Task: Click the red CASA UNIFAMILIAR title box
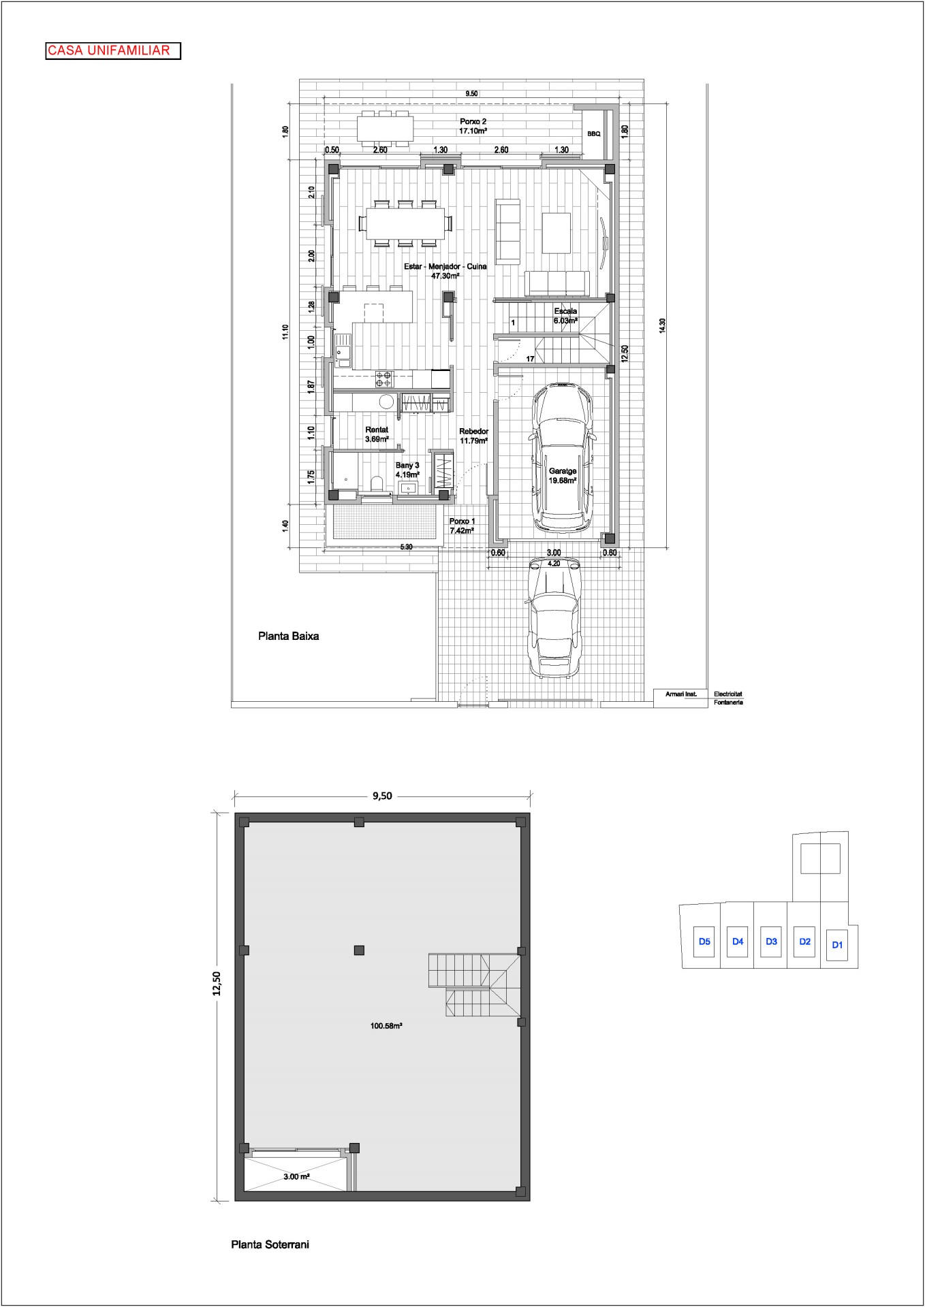click(x=113, y=51)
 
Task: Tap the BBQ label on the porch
click(x=594, y=134)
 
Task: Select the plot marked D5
click(x=704, y=942)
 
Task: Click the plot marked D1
click(x=838, y=945)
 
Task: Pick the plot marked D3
click(x=771, y=942)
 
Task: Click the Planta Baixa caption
click(x=288, y=637)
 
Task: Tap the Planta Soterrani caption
click(x=270, y=1244)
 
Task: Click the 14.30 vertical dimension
click(x=662, y=325)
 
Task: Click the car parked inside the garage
click(x=563, y=458)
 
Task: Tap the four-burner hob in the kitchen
click(x=384, y=379)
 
